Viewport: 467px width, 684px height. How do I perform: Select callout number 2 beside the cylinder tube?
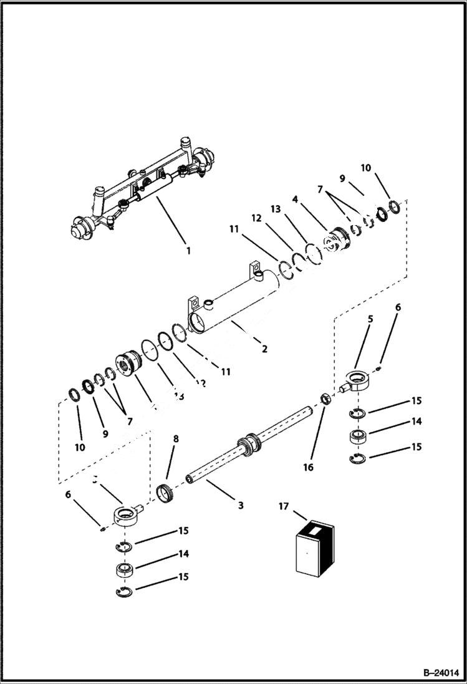point(264,349)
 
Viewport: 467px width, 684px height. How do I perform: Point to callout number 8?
point(176,439)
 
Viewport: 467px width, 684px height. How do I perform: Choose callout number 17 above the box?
point(284,507)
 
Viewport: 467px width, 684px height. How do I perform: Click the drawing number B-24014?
point(439,673)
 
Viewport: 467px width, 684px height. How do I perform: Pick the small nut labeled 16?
point(325,399)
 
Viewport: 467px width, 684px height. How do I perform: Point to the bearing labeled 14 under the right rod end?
point(358,436)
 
